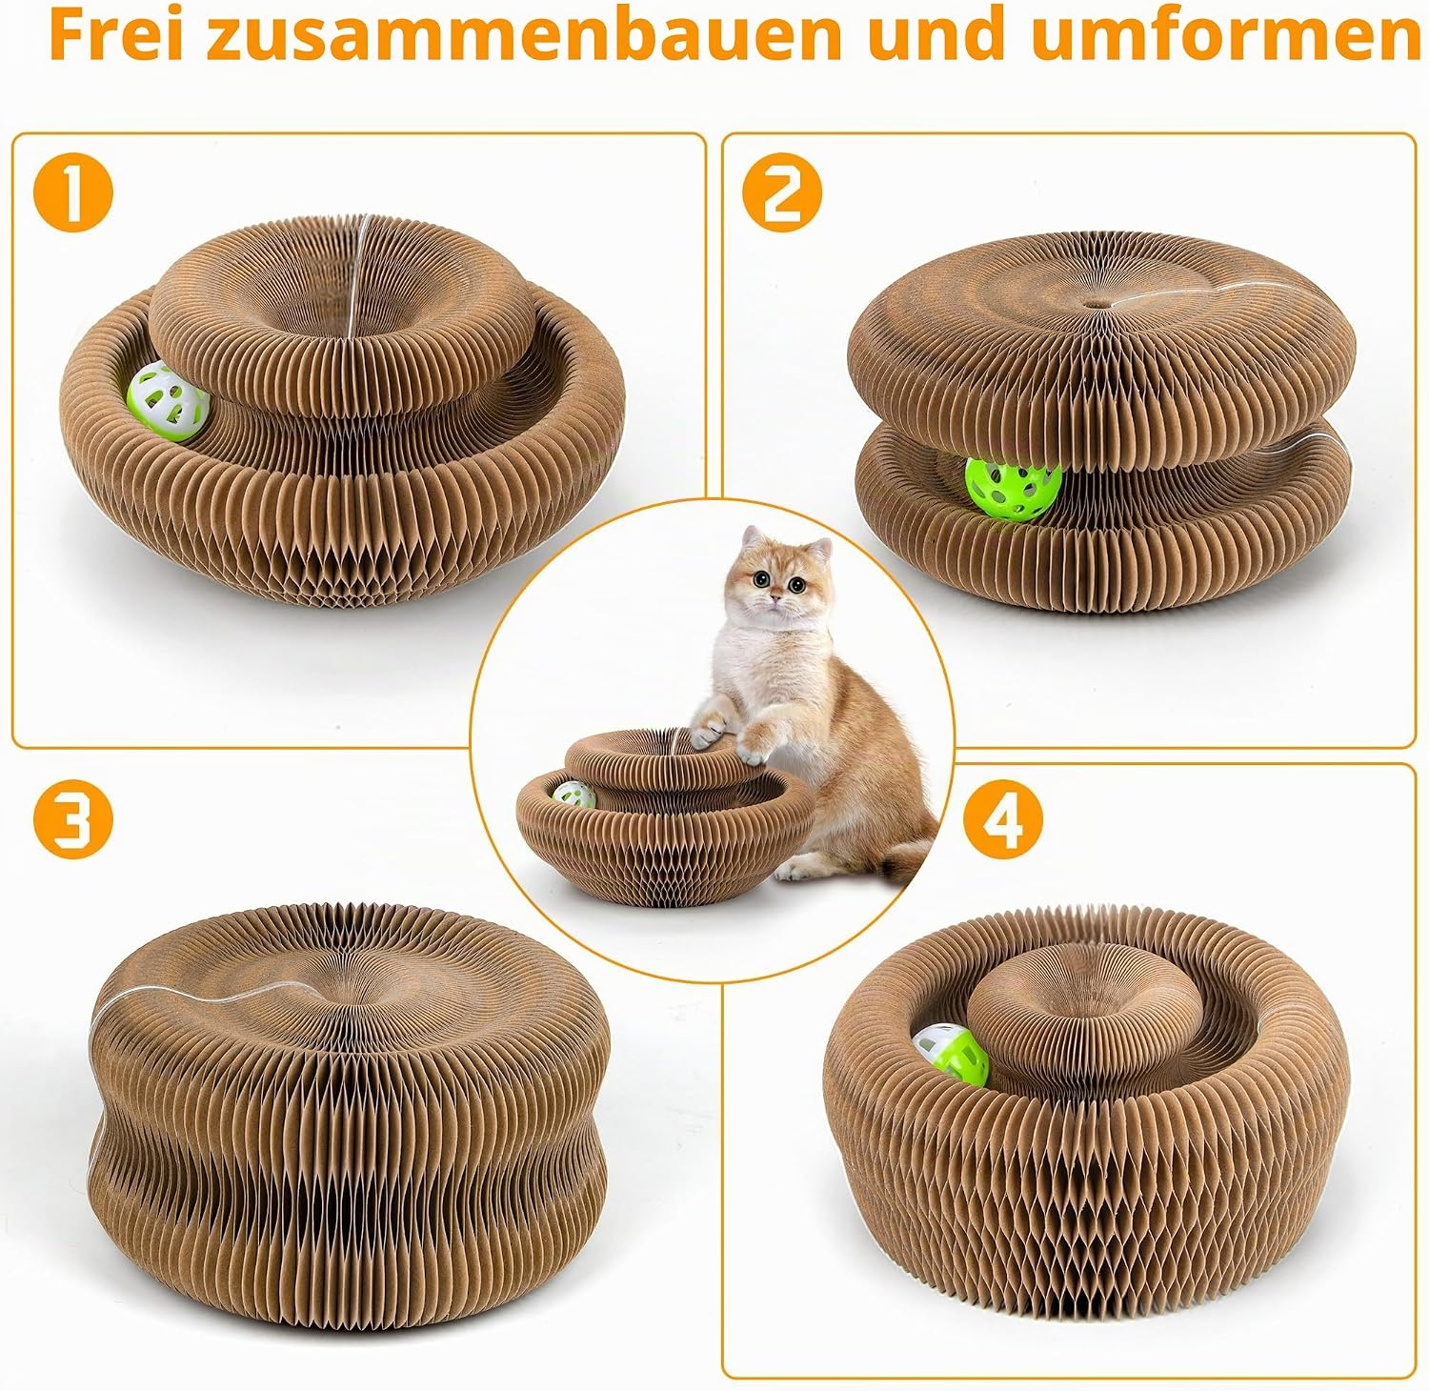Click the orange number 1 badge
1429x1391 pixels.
[73, 192]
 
